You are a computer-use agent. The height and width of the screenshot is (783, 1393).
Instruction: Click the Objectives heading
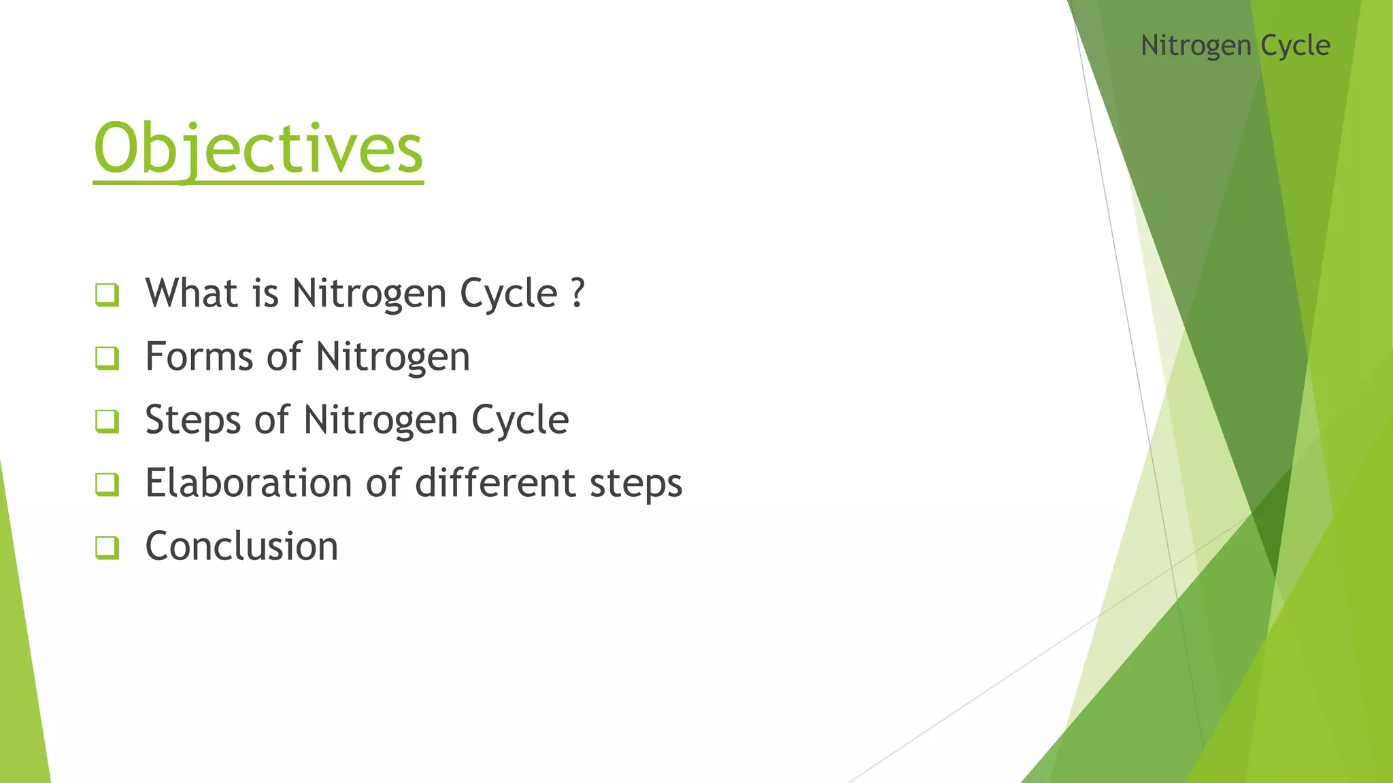pyautogui.click(x=258, y=149)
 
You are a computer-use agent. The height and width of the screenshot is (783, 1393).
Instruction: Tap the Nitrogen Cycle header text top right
pyautogui.click(x=1235, y=46)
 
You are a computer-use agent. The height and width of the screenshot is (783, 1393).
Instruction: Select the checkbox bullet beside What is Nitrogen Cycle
pyautogui.click(x=107, y=295)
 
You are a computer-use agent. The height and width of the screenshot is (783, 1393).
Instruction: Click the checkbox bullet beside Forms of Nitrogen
pyautogui.click(x=107, y=358)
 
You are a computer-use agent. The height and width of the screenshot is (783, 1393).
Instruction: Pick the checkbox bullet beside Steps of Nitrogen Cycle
pyautogui.click(x=107, y=421)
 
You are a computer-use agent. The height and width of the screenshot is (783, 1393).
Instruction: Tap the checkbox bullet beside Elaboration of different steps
pyautogui.click(x=107, y=484)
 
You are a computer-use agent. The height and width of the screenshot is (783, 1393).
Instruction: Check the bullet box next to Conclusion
pyautogui.click(x=107, y=547)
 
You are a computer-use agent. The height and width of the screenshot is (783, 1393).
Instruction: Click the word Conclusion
pyautogui.click(x=241, y=546)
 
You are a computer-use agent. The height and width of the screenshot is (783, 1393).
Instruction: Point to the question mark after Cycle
pyautogui.click(x=577, y=294)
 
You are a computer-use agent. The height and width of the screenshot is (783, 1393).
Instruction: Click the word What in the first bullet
pyautogui.click(x=191, y=294)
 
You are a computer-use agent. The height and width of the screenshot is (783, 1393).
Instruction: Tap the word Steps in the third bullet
pyautogui.click(x=192, y=420)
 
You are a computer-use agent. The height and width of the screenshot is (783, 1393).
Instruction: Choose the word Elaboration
pyautogui.click(x=248, y=483)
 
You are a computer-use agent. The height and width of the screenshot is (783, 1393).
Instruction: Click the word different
pyautogui.click(x=495, y=483)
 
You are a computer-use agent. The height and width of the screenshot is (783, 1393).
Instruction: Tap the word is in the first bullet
pyautogui.click(x=265, y=294)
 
